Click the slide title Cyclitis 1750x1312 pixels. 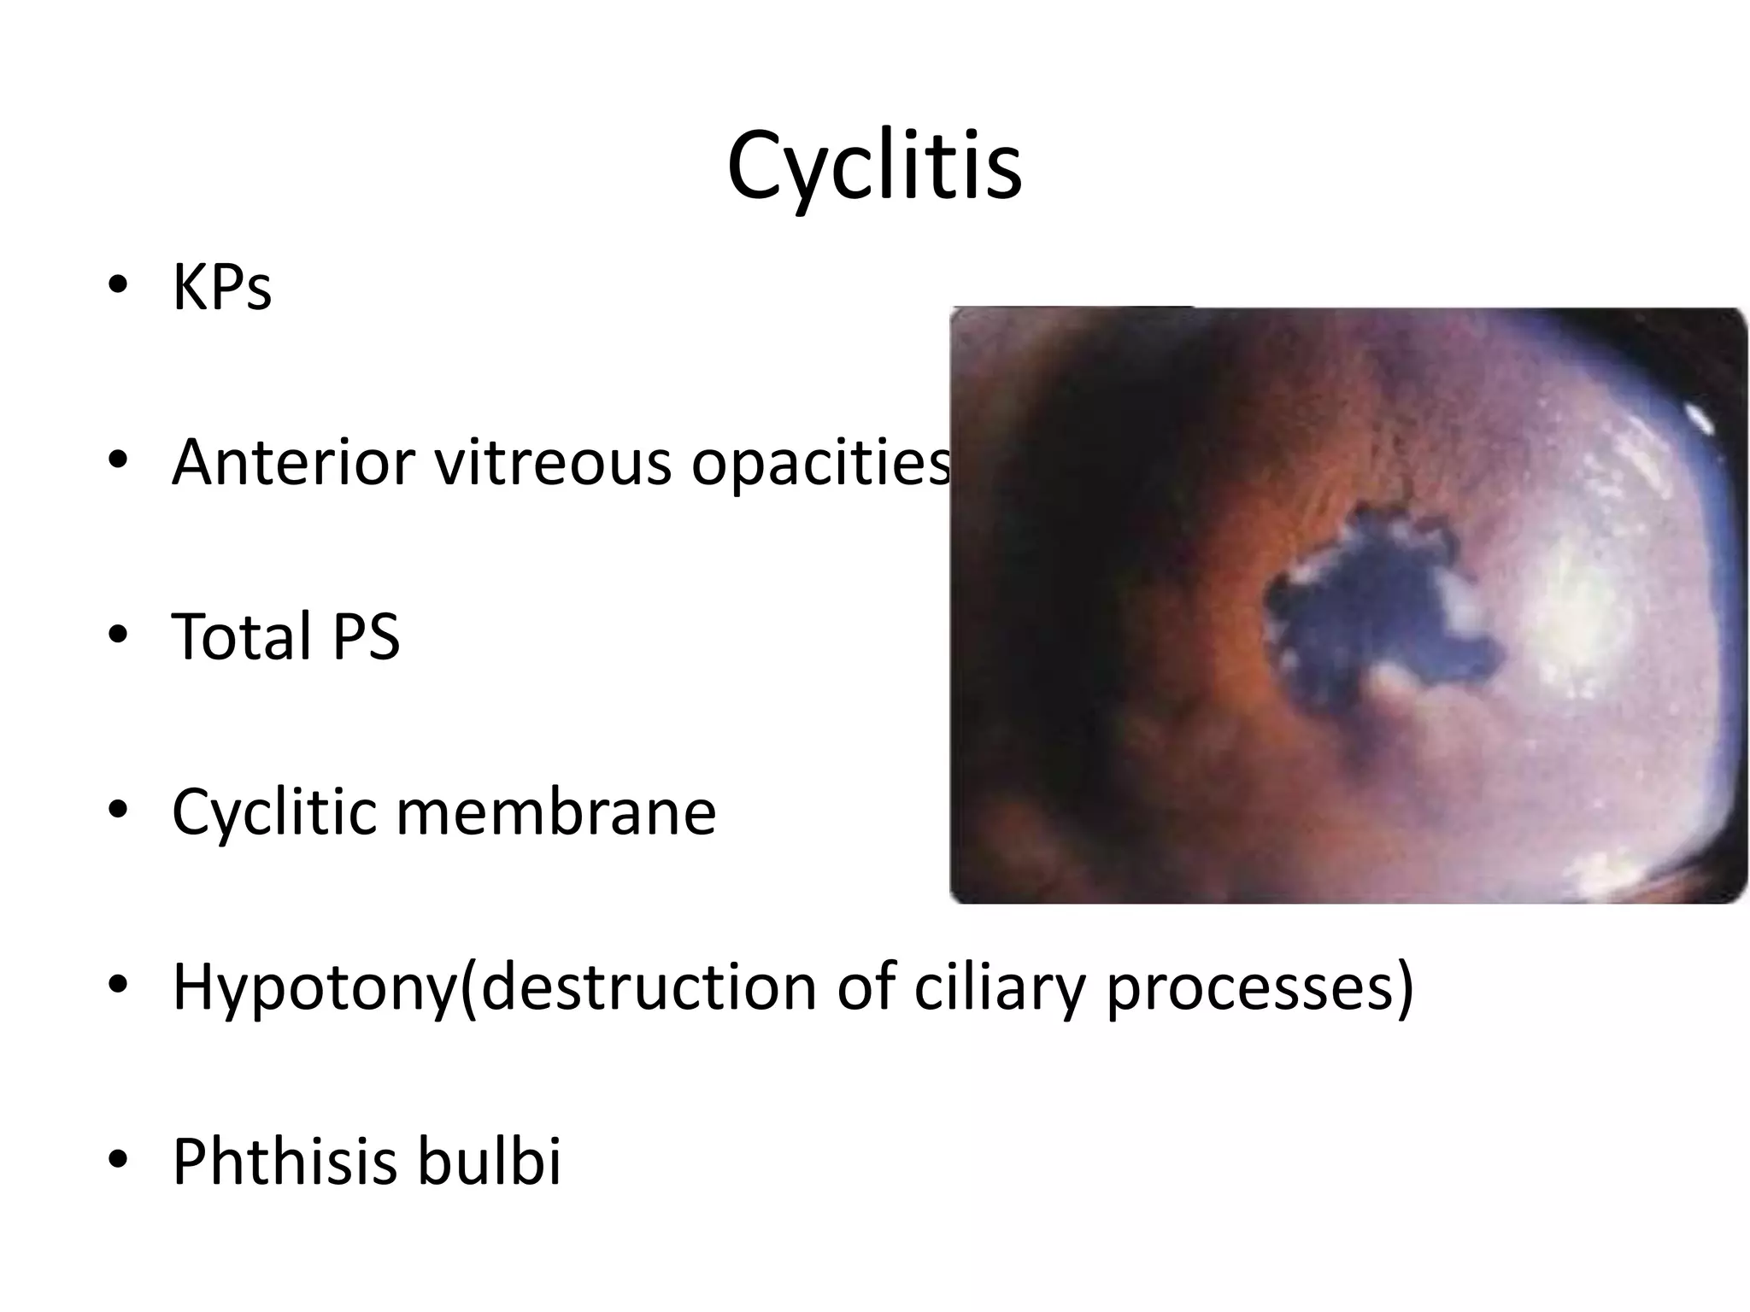pyautogui.click(x=874, y=167)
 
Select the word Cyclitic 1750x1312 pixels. pyautogui.click(x=273, y=811)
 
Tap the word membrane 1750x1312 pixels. pyautogui.click(x=556, y=811)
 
